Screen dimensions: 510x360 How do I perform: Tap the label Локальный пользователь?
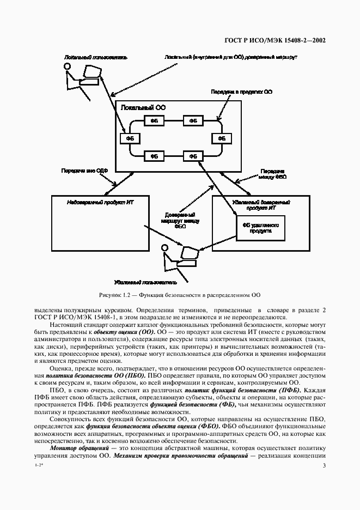tap(87, 57)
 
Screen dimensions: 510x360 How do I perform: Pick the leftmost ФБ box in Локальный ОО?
tap(130, 138)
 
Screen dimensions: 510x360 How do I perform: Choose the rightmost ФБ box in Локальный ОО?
tap(221, 138)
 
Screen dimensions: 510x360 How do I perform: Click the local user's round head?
tap(68, 66)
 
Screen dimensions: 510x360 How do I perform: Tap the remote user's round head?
tap(165, 248)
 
